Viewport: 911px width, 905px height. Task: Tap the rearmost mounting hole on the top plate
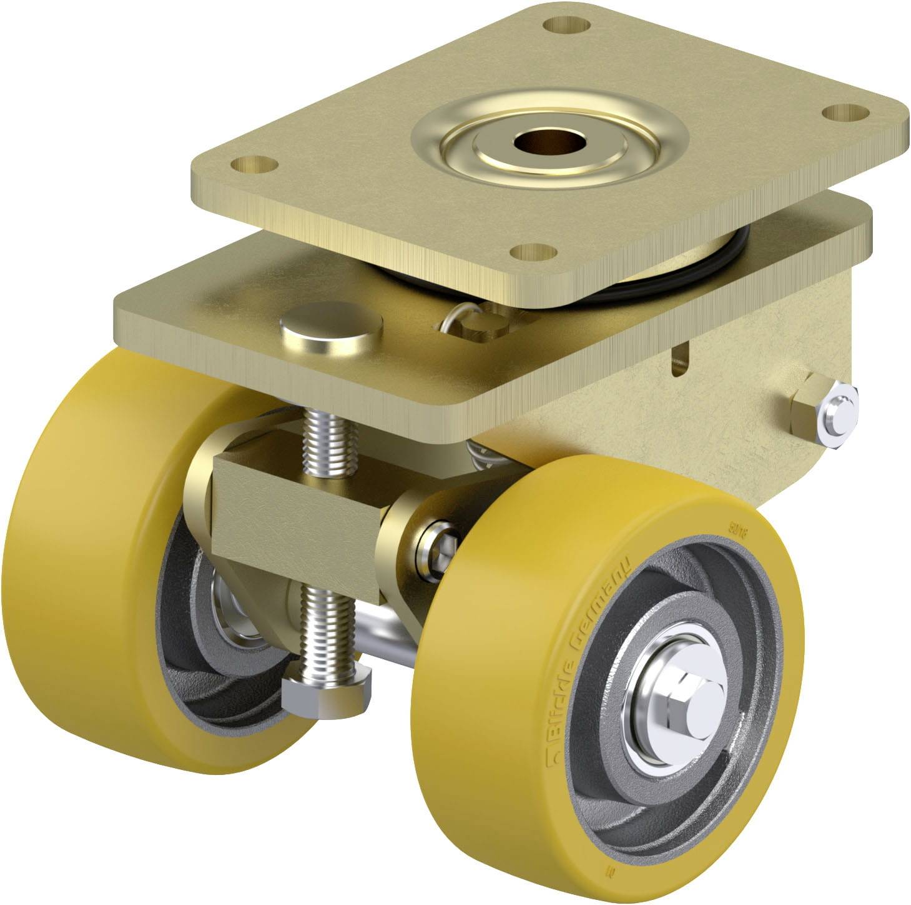click(x=567, y=26)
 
